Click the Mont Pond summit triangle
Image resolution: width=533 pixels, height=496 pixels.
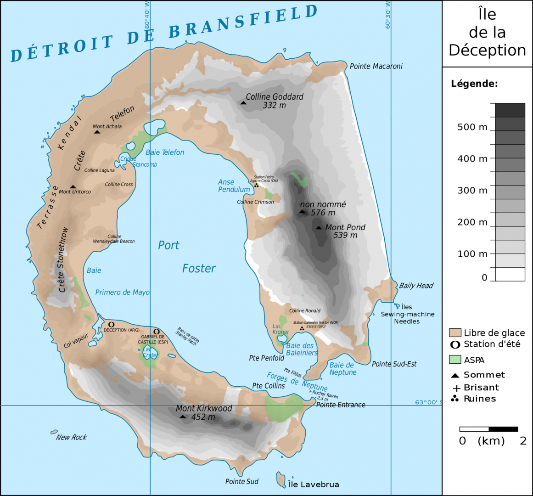pyautogui.click(x=319, y=228)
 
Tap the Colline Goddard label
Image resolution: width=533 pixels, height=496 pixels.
pyautogui.click(x=275, y=97)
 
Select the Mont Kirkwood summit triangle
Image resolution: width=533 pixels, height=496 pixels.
pyautogui.click(x=183, y=417)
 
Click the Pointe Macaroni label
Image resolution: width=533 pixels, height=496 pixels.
pyautogui.click(x=376, y=66)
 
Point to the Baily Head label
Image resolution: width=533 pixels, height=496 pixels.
pyautogui.click(x=416, y=286)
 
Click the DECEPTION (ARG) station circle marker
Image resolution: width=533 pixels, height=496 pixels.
pyautogui.click(x=111, y=324)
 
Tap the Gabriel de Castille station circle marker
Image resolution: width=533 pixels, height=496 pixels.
pyautogui.click(x=157, y=332)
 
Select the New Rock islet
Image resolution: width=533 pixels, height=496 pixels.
pyautogui.click(x=54, y=432)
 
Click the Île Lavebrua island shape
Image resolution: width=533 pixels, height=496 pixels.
pyautogui.click(x=281, y=480)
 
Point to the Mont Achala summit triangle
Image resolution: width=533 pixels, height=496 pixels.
pyautogui.click(x=97, y=132)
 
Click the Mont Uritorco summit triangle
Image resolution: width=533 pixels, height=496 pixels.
pyautogui.click(x=73, y=187)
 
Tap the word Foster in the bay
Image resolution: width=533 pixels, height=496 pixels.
pyautogui.click(x=199, y=269)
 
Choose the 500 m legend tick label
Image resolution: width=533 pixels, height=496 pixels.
pyautogui.click(x=472, y=127)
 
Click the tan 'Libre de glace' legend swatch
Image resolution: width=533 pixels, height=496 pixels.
pyautogui.click(x=455, y=333)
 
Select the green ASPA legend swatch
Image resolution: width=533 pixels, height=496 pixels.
pyautogui.click(x=455, y=359)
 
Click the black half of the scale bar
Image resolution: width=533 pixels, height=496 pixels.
pyautogui.click(x=503, y=429)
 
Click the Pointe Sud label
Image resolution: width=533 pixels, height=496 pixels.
pyautogui.click(x=241, y=481)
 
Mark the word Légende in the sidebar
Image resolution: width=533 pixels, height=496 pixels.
pyautogui.click(x=474, y=84)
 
